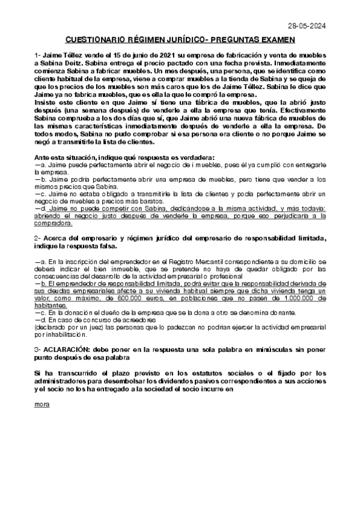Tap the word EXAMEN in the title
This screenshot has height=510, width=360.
point(275,40)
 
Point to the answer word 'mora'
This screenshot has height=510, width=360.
point(42,404)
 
